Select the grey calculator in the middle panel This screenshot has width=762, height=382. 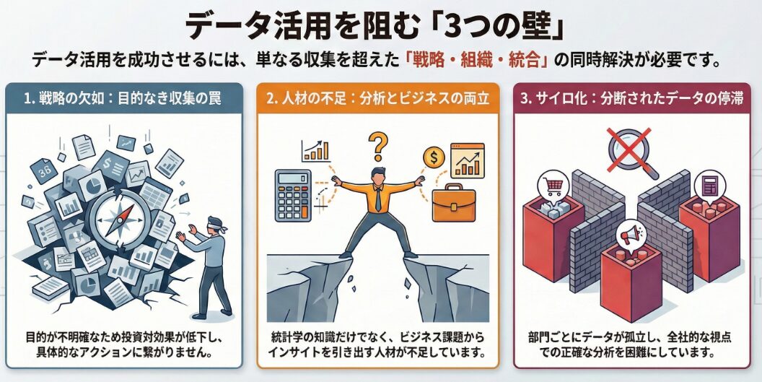292,195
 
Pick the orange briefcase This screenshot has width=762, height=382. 453,204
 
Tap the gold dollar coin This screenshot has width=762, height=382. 434,157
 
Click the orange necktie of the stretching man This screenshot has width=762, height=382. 378,198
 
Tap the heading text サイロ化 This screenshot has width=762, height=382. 561,98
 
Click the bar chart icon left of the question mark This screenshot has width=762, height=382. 315,151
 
